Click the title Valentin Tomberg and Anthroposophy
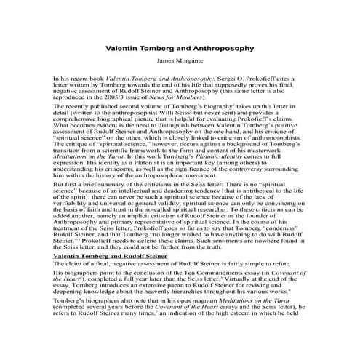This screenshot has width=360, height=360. coord(180,49)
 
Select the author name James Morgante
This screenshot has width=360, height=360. coord(180,63)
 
